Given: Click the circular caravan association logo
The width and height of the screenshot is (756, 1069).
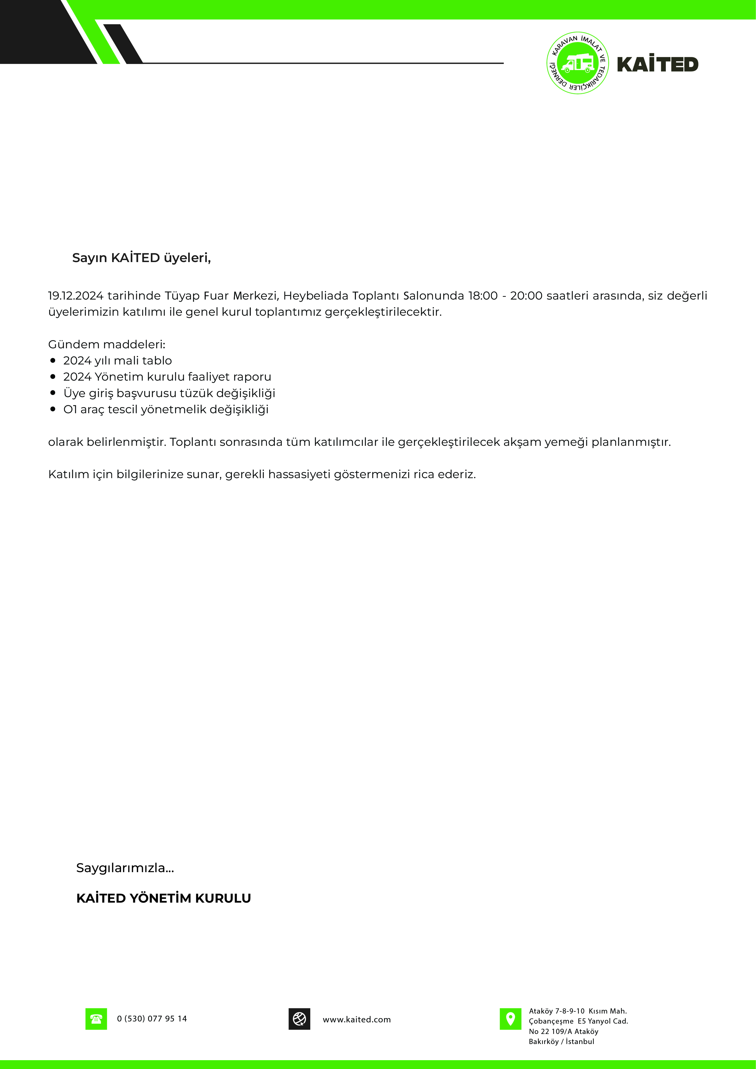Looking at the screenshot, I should coord(577,63).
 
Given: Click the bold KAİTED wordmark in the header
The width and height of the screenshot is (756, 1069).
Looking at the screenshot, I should coord(657,64).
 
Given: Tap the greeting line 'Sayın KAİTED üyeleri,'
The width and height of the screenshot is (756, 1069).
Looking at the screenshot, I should coord(141,258).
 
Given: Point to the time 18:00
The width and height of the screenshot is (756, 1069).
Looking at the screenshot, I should coord(483,296).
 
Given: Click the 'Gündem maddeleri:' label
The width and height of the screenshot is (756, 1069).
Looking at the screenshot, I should coord(107,345).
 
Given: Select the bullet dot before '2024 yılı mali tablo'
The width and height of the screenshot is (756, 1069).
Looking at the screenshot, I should coord(53,360).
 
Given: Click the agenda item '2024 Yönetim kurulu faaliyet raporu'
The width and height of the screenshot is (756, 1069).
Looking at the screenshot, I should coord(167,377).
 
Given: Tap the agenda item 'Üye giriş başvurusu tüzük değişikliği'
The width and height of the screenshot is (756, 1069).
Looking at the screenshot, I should coord(169,393).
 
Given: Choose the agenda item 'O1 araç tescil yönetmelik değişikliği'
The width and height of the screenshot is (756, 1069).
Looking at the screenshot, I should coord(166,409).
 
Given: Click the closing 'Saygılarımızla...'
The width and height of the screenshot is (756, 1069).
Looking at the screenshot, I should coord(125,868).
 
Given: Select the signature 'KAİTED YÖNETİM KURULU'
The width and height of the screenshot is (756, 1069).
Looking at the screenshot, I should coord(163,898).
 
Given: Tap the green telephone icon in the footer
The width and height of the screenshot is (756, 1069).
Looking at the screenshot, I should coord(96,1019).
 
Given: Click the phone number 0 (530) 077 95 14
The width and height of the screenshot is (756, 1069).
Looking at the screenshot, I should coord(152,1019).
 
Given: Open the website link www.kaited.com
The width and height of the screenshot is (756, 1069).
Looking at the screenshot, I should coord(357,1020).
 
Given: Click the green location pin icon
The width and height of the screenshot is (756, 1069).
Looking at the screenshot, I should coord(510,1019).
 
